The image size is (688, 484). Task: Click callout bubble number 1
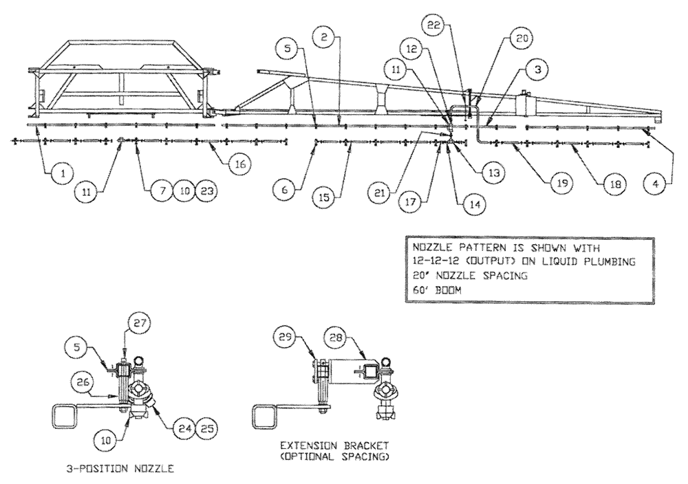(x=62, y=175)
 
